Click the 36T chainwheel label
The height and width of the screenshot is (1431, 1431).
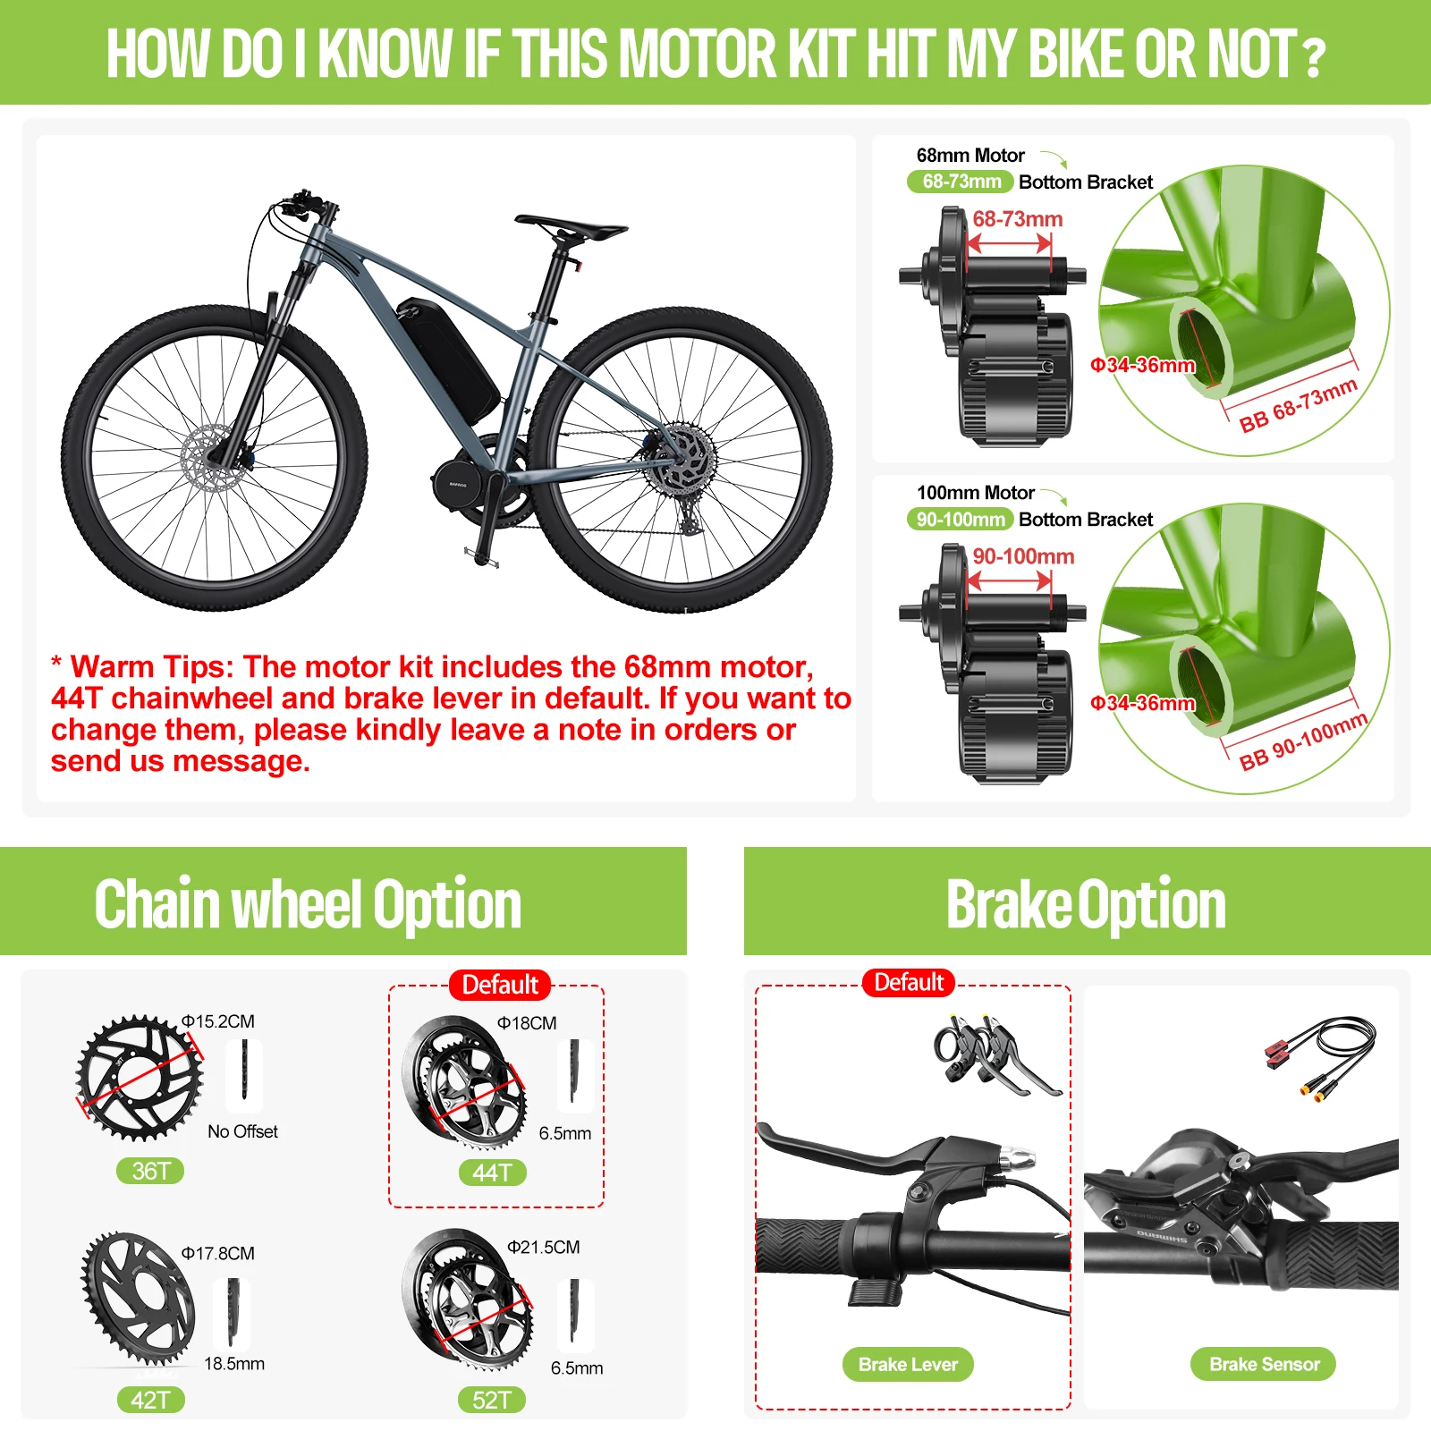click(150, 1171)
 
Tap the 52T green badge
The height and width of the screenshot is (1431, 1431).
click(492, 1400)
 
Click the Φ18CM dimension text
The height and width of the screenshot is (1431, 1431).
click(527, 1023)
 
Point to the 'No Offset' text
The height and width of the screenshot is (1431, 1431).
click(242, 1131)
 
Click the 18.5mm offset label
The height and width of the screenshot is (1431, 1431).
click(234, 1364)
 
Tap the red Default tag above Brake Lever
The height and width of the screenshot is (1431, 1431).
click(909, 983)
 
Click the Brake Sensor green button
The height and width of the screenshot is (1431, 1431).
click(1263, 1364)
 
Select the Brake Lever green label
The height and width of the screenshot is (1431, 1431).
click(908, 1364)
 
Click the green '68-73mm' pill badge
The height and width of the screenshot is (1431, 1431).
click(961, 182)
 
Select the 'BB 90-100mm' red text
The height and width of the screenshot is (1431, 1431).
click(1302, 741)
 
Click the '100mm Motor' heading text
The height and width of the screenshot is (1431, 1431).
click(975, 493)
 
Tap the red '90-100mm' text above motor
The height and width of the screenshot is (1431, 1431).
click(1023, 556)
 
